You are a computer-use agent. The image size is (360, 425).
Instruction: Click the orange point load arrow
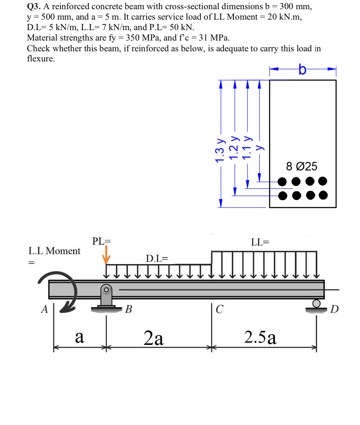click(107, 255)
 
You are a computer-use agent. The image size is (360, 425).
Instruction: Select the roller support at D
click(316, 306)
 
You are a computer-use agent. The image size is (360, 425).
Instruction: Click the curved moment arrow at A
click(63, 291)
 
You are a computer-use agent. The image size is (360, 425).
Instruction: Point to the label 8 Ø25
click(301, 166)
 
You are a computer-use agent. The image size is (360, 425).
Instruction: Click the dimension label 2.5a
click(260, 337)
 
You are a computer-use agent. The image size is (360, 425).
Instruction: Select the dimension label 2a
click(153, 338)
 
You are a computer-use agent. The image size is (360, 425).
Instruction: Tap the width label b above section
click(302, 69)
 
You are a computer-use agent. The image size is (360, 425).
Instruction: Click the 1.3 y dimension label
click(220, 150)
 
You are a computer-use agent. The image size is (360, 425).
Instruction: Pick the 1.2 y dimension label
click(233, 148)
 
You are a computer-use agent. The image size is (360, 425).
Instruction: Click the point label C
click(220, 309)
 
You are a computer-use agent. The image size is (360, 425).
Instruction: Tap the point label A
click(44, 309)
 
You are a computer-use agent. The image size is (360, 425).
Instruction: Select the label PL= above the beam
click(101, 241)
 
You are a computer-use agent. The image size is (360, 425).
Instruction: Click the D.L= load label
click(157, 258)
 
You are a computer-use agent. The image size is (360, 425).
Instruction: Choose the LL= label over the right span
click(260, 242)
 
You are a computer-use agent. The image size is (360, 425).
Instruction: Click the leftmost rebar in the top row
click(282, 182)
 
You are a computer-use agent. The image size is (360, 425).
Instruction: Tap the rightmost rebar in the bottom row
click(323, 195)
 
